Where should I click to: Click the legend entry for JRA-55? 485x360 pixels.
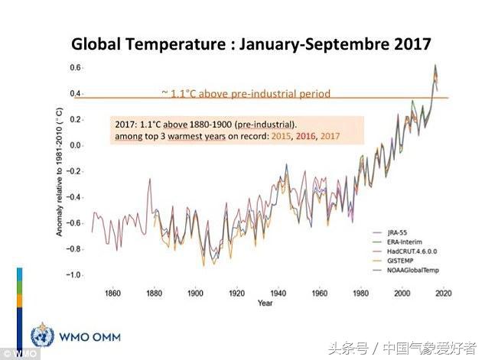(396, 232)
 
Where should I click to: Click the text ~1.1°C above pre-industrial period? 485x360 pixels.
(246, 94)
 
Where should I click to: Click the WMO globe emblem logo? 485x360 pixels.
(42, 336)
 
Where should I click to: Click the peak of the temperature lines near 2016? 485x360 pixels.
(435, 66)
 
